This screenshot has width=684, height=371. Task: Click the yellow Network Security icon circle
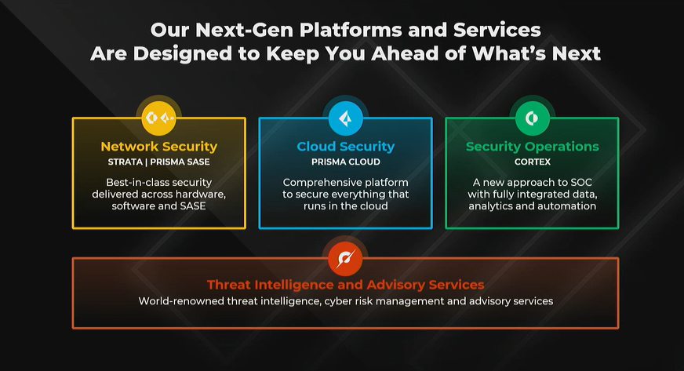coord(158,118)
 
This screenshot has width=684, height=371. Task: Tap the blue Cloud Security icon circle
coord(345,118)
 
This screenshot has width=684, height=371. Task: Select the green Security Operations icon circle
coord(532,118)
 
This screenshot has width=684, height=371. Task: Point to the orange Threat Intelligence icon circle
coord(345,259)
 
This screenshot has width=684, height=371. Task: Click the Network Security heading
coord(158,147)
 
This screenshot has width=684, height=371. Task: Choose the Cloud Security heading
coord(345,147)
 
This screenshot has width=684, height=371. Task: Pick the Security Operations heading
coord(532,147)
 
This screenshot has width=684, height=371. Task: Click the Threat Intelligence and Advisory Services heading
coord(345,285)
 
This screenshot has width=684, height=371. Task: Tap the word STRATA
coord(126,162)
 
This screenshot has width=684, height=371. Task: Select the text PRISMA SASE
coord(180,162)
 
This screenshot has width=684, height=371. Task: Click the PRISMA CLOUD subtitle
coord(345,162)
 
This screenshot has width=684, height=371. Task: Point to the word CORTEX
coord(532,162)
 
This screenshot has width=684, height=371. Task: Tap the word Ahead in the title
coord(405,53)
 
